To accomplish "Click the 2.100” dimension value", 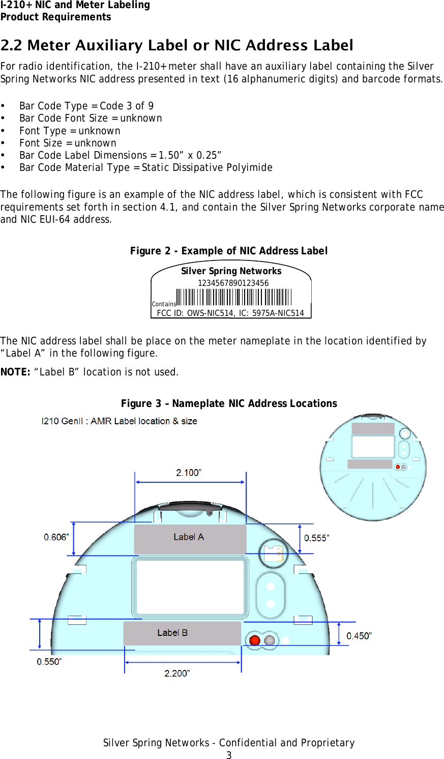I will (x=189, y=473).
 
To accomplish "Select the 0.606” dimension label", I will (x=56, y=537).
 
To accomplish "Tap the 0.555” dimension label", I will (x=316, y=538).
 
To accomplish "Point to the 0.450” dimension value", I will (x=359, y=636).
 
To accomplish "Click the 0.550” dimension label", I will (x=49, y=661).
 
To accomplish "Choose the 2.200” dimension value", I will (x=177, y=673).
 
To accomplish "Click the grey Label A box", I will (x=190, y=539).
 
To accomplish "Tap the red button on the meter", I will (x=255, y=640).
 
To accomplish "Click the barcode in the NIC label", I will (x=234, y=297).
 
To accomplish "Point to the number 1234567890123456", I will (x=233, y=283).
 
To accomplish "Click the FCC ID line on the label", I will (x=230, y=313).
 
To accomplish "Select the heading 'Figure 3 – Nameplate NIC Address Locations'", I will (x=229, y=403).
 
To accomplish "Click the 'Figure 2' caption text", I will (x=228, y=251).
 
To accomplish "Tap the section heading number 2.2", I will (x=12, y=46).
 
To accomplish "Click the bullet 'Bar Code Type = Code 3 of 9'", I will (x=86, y=106).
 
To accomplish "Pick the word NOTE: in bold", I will (x=16, y=372).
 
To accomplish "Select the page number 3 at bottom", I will (x=229, y=755).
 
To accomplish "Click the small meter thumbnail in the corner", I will (x=373, y=467).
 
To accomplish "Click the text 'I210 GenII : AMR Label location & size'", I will (x=119, y=421).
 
